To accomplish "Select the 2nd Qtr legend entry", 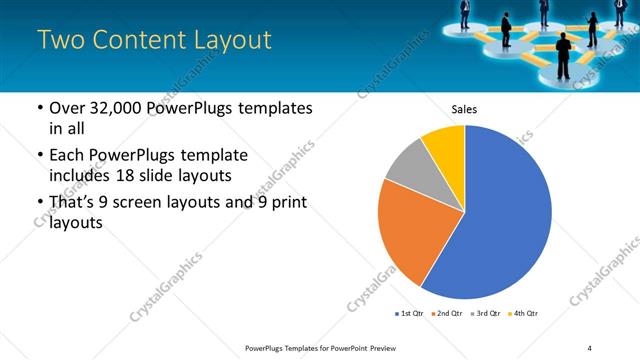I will pos(449,314).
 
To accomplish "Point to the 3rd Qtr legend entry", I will pos(486,314).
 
